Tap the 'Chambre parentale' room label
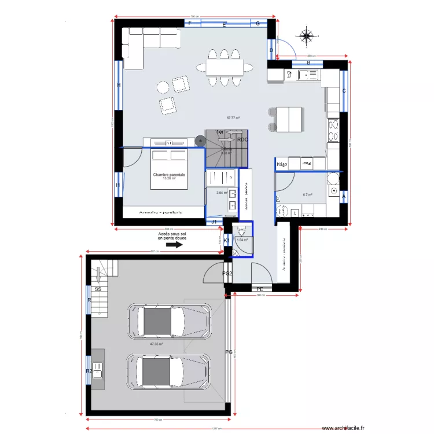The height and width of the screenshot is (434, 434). (x=169, y=175)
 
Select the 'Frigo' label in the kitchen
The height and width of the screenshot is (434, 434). (x=282, y=165)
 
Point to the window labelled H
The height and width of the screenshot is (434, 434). (x=119, y=86)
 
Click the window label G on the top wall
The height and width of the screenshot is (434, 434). (x=258, y=24)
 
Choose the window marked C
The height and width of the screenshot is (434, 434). (x=344, y=91)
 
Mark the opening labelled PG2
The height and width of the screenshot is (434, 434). (x=227, y=274)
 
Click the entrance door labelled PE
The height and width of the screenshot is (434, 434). (x=260, y=288)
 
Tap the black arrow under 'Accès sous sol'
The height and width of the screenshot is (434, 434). (x=174, y=245)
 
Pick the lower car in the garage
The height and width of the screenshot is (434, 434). (x=168, y=370)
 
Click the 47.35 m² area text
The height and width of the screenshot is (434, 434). (x=156, y=344)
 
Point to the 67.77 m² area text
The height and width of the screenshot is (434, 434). (x=233, y=118)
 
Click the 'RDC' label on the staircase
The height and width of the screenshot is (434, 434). (x=242, y=139)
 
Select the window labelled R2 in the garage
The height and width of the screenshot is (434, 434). (x=89, y=371)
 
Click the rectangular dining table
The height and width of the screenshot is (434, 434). (x=225, y=68)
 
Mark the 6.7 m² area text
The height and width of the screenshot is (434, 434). (x=307, y=195)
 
